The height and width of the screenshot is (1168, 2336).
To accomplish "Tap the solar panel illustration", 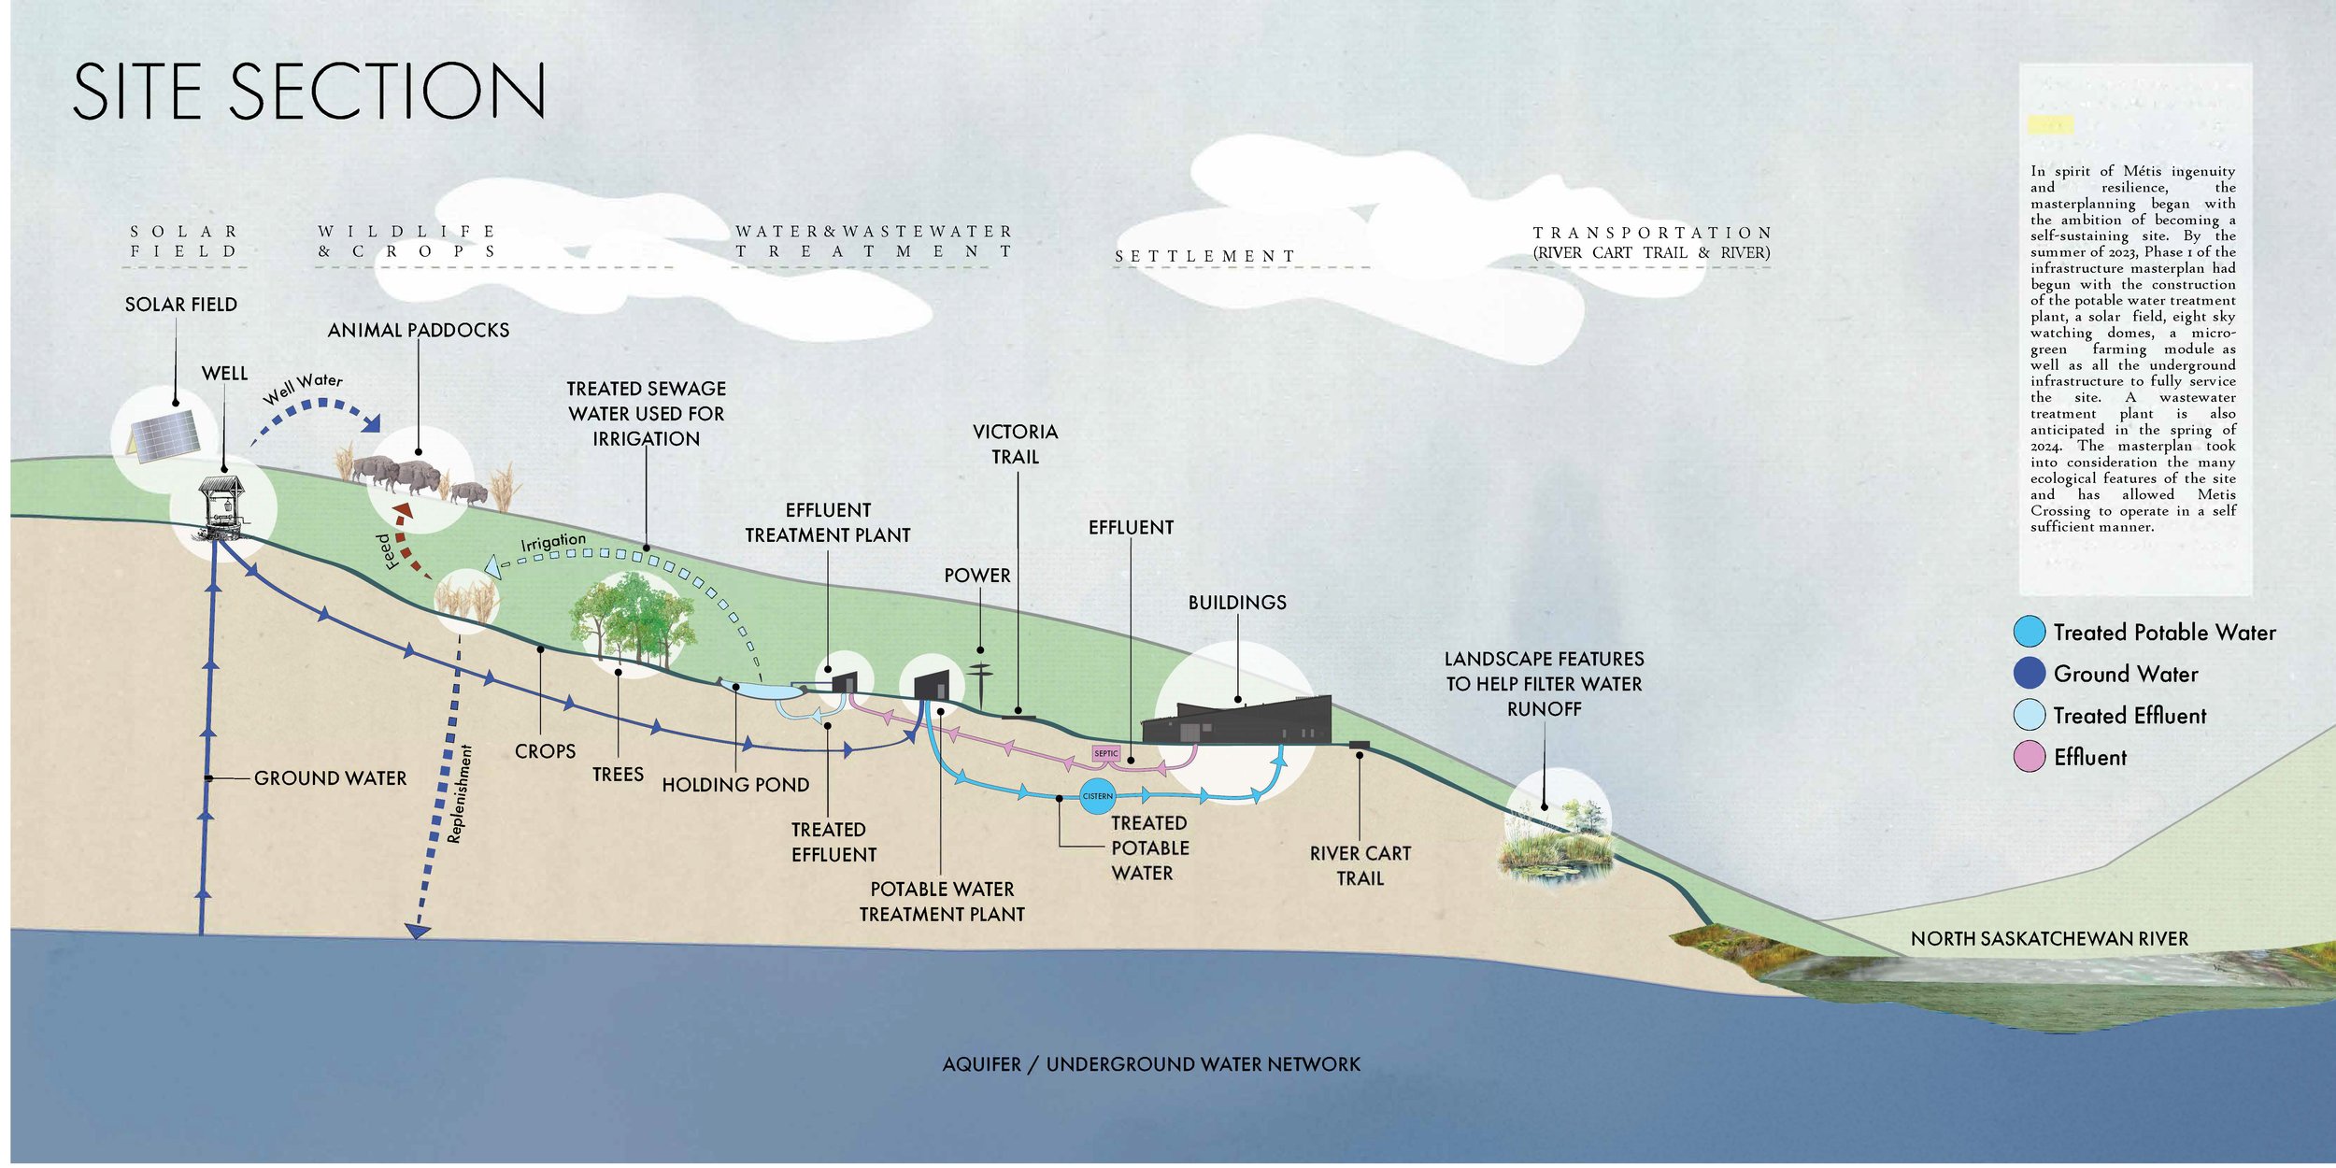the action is pyautogui.click(x=164, y=435).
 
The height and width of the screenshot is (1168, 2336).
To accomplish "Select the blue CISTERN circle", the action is pyautogui.click(x=1097, y=796).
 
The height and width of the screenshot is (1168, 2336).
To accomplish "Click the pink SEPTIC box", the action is pyautogui.click(x=1105, y=753).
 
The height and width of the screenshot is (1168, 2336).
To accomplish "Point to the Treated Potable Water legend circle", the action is pyautogui.click(x=2030, y=633).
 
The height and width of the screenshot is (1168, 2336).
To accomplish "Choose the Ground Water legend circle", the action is pyautogui.click(x=2030, y=674).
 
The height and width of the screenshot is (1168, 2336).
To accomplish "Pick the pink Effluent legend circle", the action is pyautogui.click(x=2030, y=757).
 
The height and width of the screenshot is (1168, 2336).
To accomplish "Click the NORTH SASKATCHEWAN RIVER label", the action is pyautogui.click(x=2049, y=939).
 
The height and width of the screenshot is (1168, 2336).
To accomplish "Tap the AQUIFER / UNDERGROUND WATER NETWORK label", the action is pyautogui.click(x=1151, y=1064).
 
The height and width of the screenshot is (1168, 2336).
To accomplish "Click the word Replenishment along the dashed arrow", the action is pyautogui.click(x=461, y=794).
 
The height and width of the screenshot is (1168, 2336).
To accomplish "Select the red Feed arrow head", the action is pyautogui.click(x=404, y=513).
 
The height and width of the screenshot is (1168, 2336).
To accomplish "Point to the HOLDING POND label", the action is pyautogui.click(x=735, y=785).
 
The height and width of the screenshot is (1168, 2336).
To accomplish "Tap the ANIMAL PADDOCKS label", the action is pyautogui.click(x=418, y=330).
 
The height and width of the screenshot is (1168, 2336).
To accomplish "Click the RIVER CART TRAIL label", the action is pyautogui.click(x=1360, y=865).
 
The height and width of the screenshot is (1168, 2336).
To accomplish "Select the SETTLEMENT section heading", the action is pyautogui.click(x=1204, y=256).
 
